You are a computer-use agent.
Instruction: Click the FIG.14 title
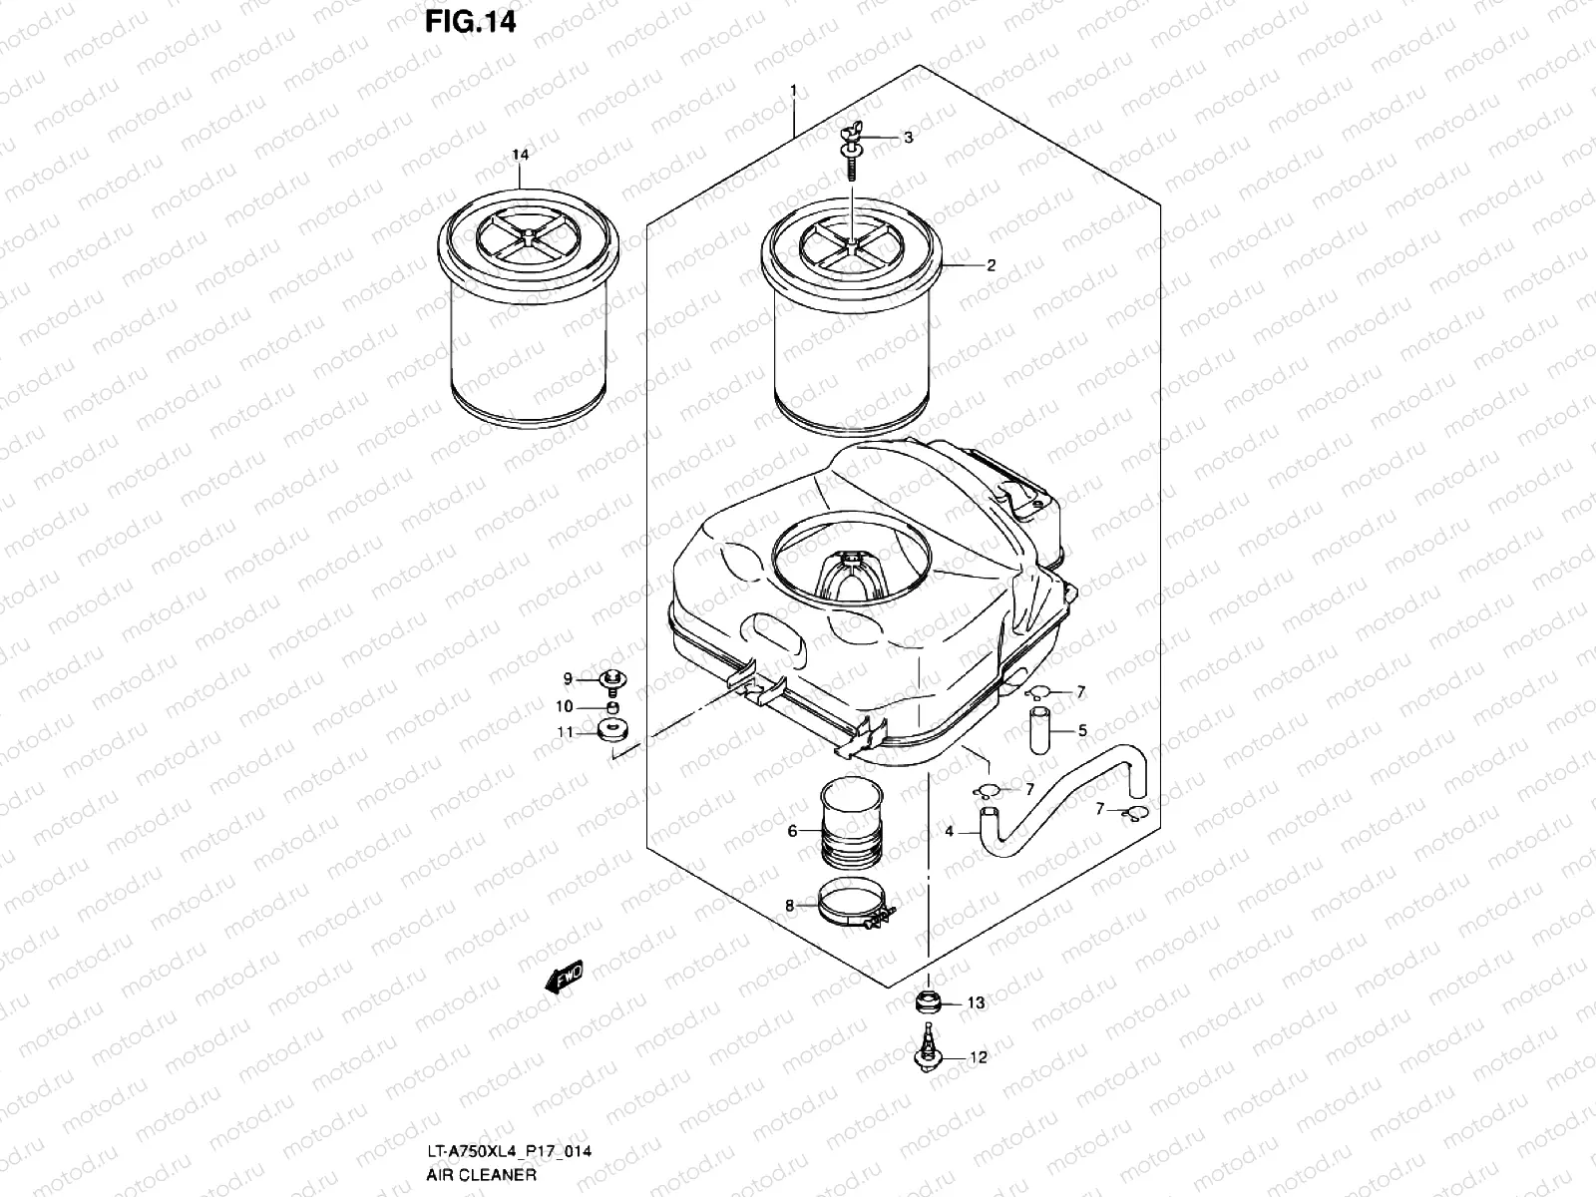point(471,21)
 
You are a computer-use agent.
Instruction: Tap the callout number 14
point(520,155)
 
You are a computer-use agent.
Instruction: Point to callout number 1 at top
point(793,92)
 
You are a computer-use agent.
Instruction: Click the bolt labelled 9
point(610,680)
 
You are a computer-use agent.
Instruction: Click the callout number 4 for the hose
point(950,831)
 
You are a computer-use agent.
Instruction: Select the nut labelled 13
point(928,1001)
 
